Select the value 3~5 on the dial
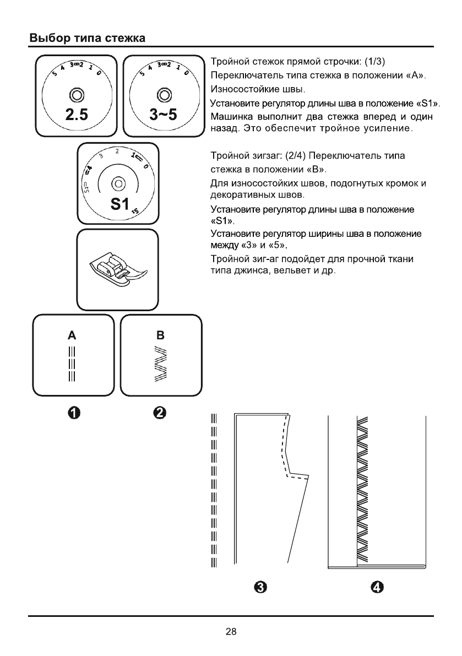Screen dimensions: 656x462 (x=162, y=116)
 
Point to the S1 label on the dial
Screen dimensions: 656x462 (x=119, y=204)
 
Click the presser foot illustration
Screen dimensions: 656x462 (x=117, y=269)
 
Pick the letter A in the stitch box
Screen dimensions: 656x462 (x=72, y=334)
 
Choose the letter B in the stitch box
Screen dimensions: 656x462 (x=160, y=334)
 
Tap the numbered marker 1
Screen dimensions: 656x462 (x=75, y=412)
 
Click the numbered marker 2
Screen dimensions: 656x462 (x=160, y=412)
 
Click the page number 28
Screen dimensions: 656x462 (x=231, y=632)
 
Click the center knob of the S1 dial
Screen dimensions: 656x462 (x=118, y=183)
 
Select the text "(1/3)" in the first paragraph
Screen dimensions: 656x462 (x=379, y=60)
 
